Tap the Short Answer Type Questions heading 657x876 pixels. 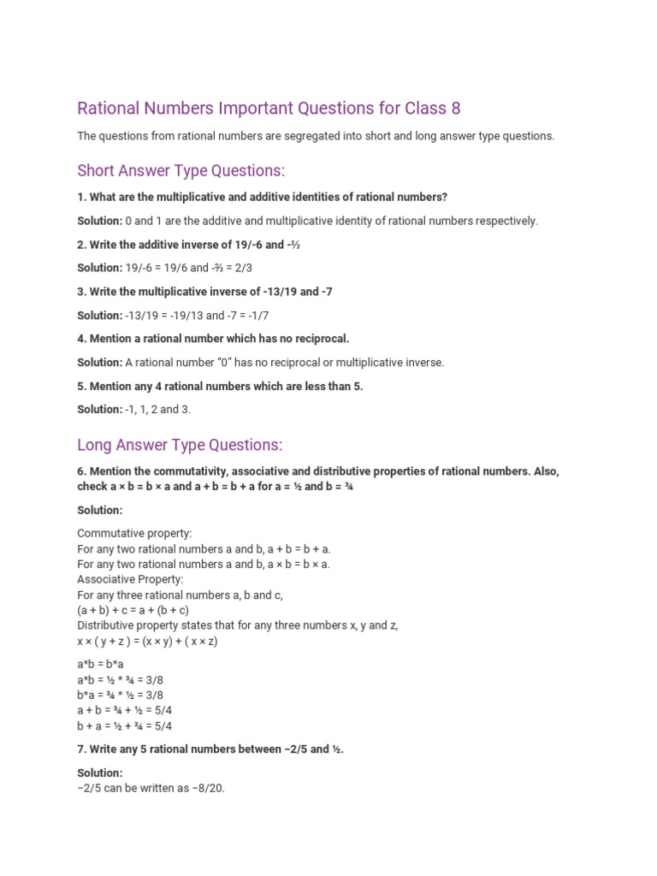coord(181,170)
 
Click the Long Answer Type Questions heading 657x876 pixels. coord(180,445)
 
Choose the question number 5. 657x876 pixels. coord(80,386)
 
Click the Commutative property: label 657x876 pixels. coord(134,533)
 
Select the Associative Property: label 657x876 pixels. coord(130,579)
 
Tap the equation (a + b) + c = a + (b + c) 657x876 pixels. coord(133,610)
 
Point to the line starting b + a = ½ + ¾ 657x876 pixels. coord(125,726)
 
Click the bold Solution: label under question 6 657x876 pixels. coord(100,510)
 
